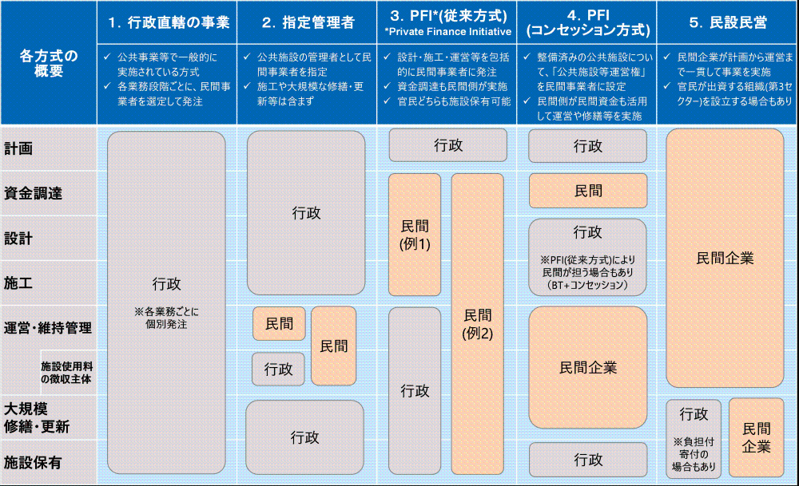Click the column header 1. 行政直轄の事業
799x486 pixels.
167,23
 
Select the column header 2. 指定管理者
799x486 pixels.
308,23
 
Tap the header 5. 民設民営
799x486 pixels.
727,23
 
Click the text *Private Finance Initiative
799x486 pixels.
447,32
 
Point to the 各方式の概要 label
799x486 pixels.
49,63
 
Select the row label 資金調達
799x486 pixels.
33,193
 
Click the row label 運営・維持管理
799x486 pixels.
48,327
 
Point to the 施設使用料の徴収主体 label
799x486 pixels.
66,372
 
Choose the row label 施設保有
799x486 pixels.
33,462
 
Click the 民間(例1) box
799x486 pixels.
415,235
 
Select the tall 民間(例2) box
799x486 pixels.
478,323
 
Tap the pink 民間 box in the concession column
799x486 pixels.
588,192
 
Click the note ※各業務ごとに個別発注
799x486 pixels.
166,318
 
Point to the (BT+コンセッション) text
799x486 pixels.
588,285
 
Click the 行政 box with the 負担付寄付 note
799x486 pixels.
694,438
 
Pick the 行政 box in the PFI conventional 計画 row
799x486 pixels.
448,145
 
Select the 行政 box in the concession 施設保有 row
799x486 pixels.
588,460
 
